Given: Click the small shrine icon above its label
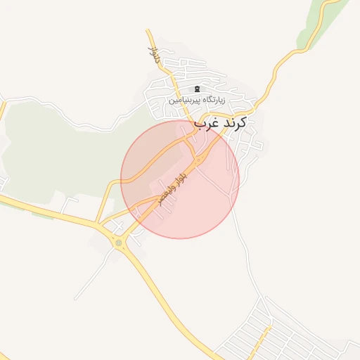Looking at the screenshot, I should (196, 89).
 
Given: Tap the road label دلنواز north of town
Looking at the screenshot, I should (152, 53).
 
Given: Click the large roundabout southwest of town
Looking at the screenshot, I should (118, 243).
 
